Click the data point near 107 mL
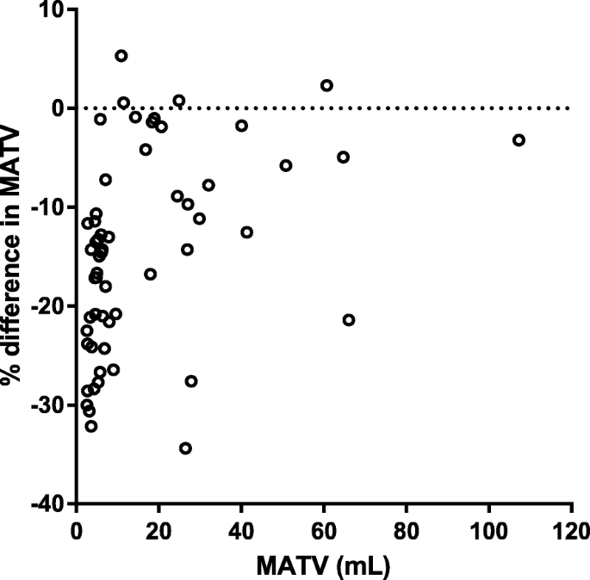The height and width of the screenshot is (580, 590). pos(519,140)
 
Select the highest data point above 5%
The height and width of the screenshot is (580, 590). pos(121,56)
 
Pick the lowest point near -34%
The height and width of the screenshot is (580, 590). pos(185,448)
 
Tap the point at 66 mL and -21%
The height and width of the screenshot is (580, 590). pos(349,320)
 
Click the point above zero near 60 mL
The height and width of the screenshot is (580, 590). pos(326,85)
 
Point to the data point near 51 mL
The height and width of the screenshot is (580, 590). pos(286,165)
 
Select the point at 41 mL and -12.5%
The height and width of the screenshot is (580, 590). pos(247,232)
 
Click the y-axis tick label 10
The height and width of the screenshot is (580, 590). pos(53,9)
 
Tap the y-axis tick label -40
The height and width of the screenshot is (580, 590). pos(49,504)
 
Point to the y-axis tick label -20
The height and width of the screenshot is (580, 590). pos(49,306)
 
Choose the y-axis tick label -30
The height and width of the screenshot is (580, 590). pos(49,405)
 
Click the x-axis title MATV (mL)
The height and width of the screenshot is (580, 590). pos(323,565)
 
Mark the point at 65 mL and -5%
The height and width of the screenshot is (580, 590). pos(344,157)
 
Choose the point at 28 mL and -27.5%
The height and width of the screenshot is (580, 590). pos(191,381)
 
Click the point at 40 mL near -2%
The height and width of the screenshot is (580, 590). pos(242,126)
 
